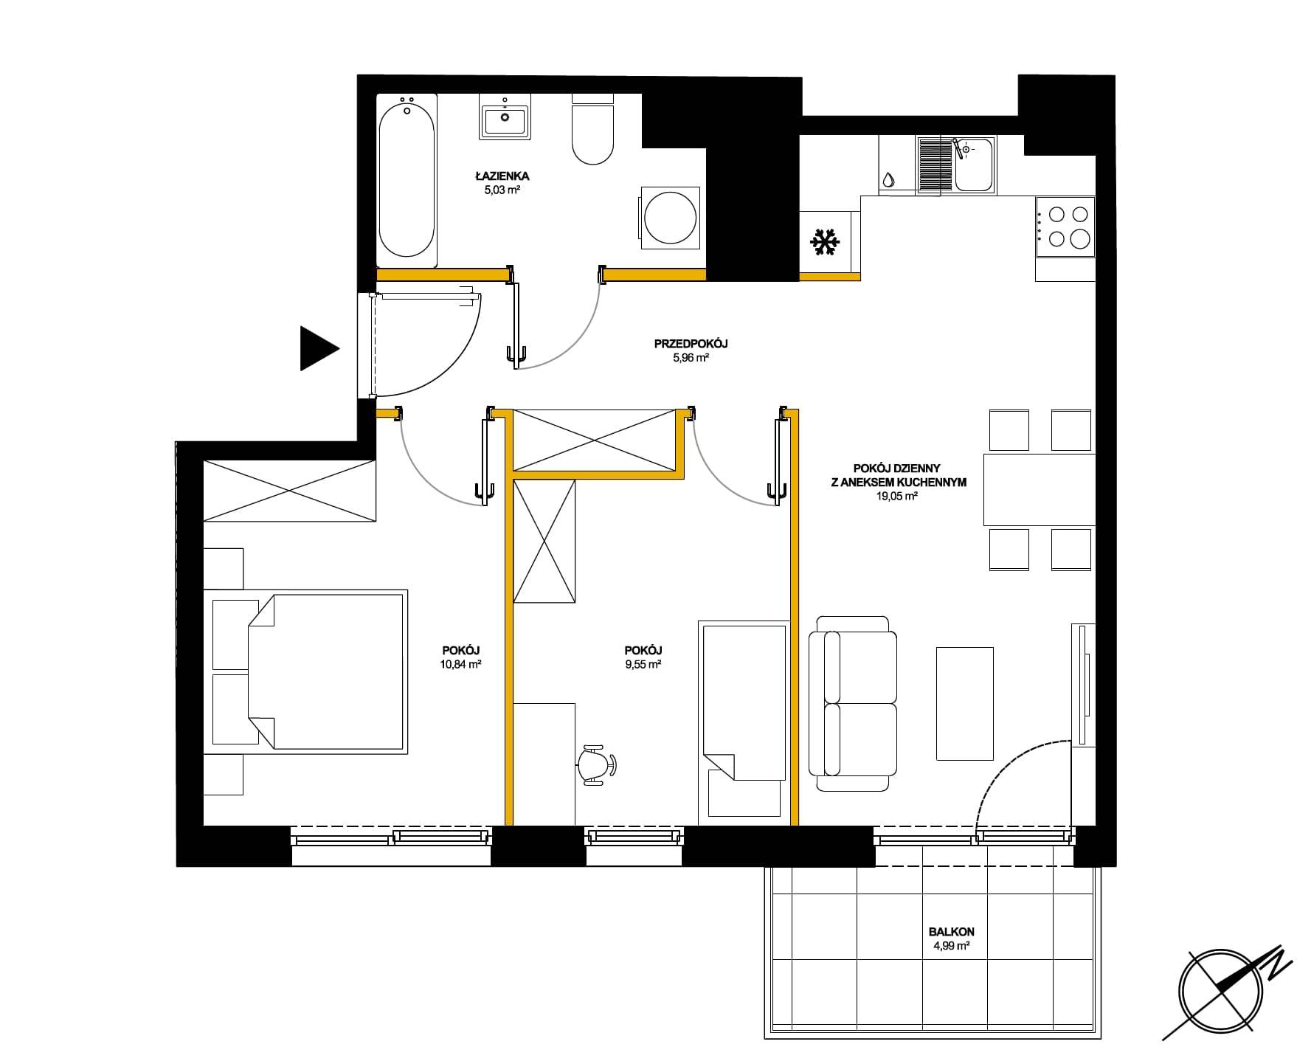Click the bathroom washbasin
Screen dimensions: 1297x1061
tap(505, 117)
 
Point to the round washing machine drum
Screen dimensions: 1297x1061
tap(670, 218)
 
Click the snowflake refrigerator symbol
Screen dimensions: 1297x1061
tap(825, 243)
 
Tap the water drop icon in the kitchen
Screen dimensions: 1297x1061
tap(888, 180)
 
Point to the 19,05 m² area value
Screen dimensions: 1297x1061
tap(896, 497)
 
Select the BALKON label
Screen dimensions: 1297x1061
tap(952, 932)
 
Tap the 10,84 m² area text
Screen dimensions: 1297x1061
tap(461, 664)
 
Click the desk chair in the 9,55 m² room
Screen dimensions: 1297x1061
tap(596, 764)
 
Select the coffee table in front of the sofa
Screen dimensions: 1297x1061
tap(965, 703)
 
